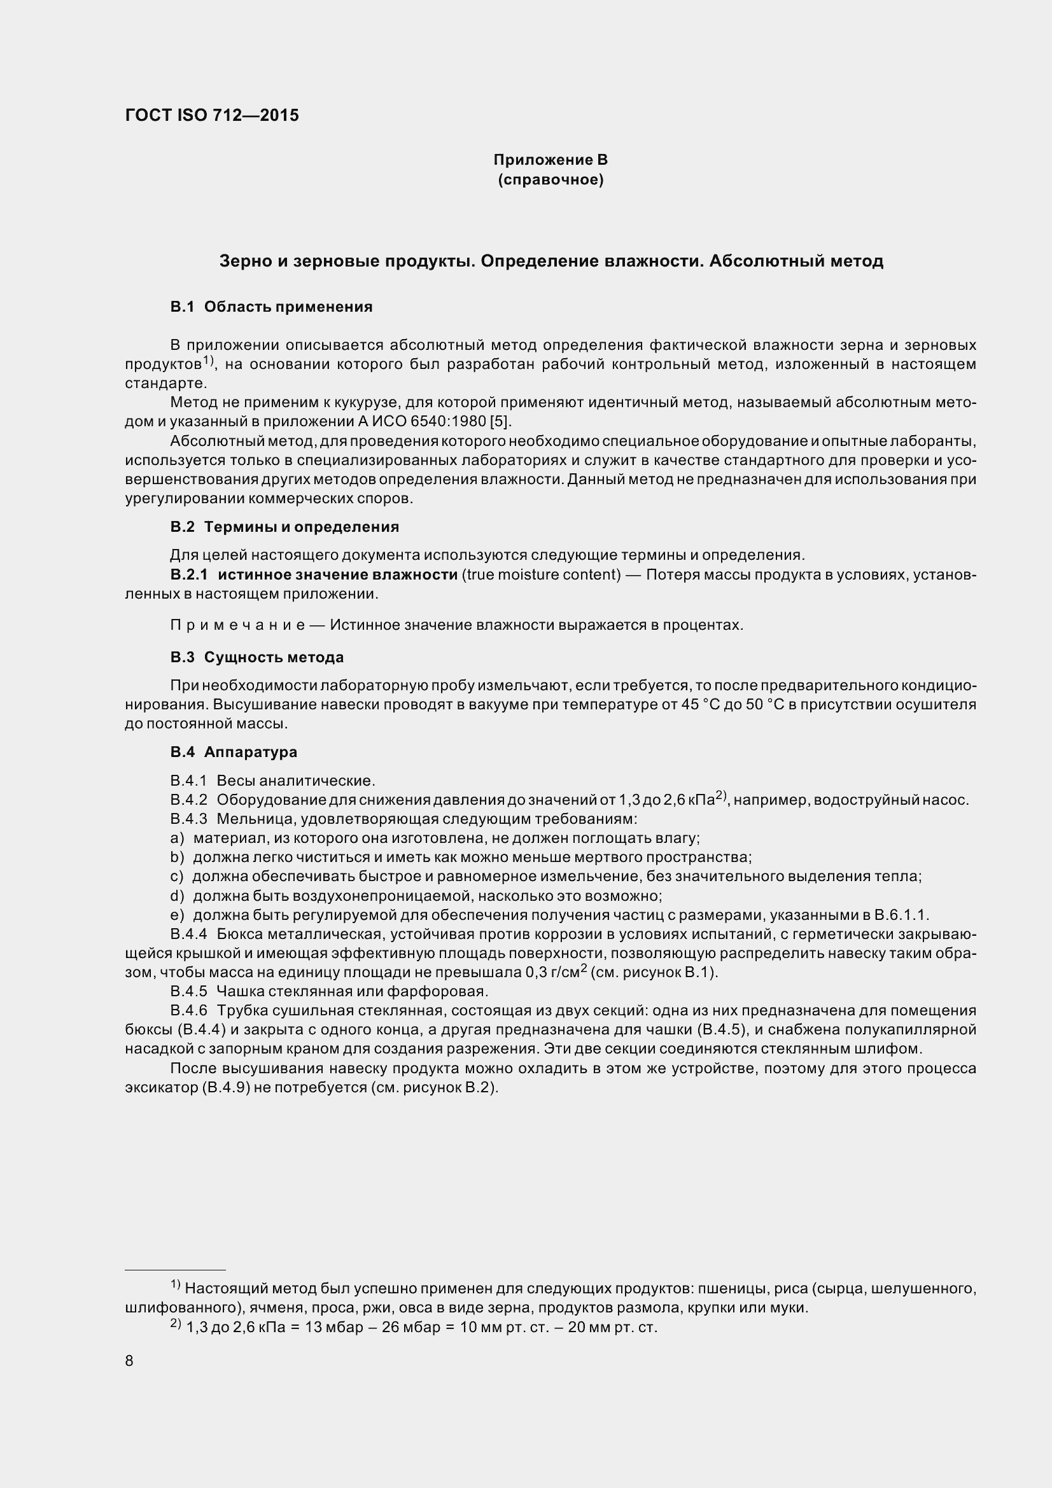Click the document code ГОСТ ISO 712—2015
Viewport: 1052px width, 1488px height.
coord(212,115)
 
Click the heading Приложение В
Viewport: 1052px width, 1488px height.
coord(551,160)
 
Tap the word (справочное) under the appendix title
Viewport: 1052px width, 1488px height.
coord(551,179)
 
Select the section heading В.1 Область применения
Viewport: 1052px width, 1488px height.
coord(271,307)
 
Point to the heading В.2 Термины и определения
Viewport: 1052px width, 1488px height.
coord(284,527)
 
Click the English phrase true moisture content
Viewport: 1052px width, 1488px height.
coord(541,574)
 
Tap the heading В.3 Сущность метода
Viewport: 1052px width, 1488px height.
coord(256,657)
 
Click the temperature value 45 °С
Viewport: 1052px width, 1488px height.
coord(702,704)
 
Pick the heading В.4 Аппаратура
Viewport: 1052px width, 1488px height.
coord(234,752)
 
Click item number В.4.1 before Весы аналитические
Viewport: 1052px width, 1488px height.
coord(188,781)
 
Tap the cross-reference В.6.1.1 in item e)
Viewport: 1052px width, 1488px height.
coord(901,915)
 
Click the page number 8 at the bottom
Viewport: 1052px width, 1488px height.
coord(129,1360)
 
